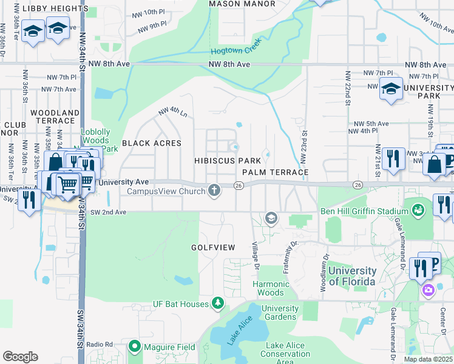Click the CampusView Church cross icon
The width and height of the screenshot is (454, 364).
tap(214, 190)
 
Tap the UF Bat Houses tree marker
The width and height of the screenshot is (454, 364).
tap(218, 303)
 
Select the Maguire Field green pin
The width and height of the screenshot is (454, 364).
tap(134, 347)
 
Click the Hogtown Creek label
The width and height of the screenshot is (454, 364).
tap(234, 52)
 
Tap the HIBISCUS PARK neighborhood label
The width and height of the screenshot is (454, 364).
tap(228, 161)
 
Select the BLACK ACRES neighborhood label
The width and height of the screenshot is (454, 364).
tap(152, 143)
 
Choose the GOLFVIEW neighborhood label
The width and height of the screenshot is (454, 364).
tap(212, 248)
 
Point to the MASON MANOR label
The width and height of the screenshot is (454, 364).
tap(237, 4)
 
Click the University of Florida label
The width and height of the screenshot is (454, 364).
tap(352, 275)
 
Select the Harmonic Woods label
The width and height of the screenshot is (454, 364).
tap(271, 288)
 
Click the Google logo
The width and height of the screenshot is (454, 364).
tap(20, 357)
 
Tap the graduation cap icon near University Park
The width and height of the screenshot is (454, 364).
tap(391, 89)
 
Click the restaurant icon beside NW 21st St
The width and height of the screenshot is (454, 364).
tap(393, 159)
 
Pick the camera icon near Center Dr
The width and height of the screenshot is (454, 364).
tap(429, 290)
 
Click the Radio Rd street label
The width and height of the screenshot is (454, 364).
tap(100, 345)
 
